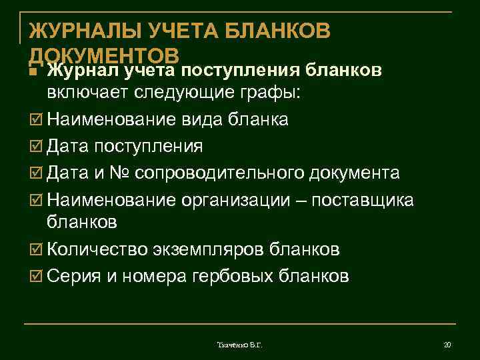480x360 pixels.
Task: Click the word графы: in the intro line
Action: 272,94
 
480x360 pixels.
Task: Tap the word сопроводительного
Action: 219,173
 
